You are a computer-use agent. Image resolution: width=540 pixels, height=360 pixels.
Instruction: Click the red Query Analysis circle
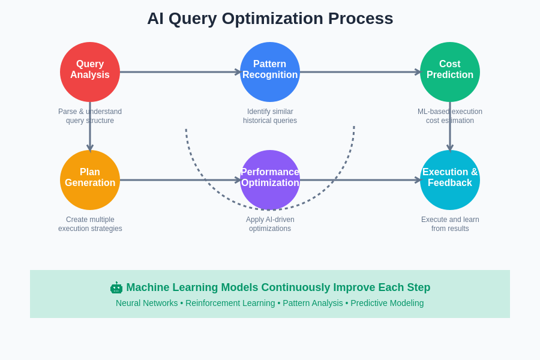[x=90, y=72]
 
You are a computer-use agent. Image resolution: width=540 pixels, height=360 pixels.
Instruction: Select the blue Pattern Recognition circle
[x=270, y=72]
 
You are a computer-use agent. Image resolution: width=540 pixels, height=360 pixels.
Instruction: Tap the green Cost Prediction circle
[x=450, y=72]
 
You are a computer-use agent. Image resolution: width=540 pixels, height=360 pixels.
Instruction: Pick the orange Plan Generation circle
[x=90, y=180]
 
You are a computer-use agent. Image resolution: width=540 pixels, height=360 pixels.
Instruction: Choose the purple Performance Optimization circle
[x=270, y=180]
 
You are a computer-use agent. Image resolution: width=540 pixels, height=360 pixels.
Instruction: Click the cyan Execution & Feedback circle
[x=450, y=180]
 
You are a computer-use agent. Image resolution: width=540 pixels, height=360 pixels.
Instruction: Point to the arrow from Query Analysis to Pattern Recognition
[x=180, y=72]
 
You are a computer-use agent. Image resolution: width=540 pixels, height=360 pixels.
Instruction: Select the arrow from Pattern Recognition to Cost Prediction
[x=360, y=72]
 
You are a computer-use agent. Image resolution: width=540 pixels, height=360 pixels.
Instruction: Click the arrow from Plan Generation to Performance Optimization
[x=180, y=180]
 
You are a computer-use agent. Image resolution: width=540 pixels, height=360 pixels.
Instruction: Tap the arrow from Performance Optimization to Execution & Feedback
[x=360, y=180]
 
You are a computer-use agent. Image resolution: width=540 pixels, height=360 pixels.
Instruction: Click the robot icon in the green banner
[x=116, y=287]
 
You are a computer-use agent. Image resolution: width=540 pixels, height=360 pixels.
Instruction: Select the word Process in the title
[x=361, y=19]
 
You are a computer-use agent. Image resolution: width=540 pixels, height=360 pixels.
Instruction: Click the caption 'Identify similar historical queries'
[x=270, y=116]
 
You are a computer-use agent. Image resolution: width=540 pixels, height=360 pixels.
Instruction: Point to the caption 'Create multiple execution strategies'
[x=90, y=224]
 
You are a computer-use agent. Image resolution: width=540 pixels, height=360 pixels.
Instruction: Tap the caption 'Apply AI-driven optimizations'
[x=270, y=224]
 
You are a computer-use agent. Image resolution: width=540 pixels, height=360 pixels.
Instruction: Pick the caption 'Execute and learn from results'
[x=450, y=224]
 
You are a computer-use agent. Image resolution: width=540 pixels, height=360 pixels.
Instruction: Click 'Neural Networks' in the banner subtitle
[x=146, y=303]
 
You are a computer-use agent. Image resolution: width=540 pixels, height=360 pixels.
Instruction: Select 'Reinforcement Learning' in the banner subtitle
[x=230, y=303]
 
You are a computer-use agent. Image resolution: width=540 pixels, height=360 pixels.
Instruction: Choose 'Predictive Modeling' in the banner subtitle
[x=387, y=303]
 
